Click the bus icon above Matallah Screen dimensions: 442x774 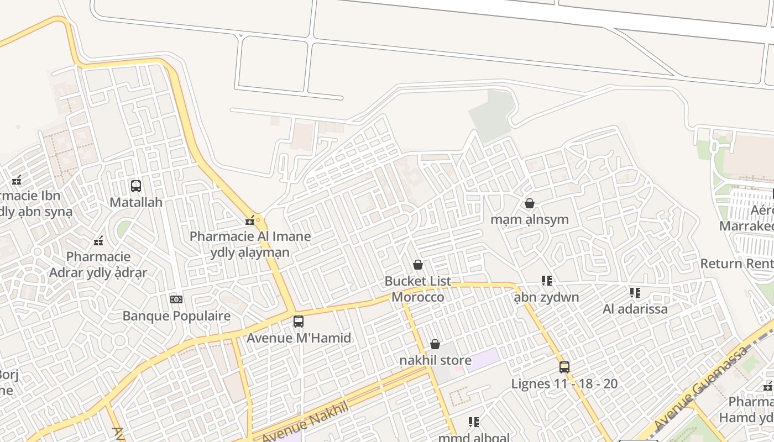pyautogui.click(x=135, y=186)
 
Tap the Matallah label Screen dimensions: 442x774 pyautogui.click(x=136, y=202)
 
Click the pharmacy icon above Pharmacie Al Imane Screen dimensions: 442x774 pyautogui.click(x=250, y=220)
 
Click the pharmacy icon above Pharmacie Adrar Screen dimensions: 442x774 pyautogui.click(x=99, y=241)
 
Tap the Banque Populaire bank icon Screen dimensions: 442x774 pyautogui.click(x=176, y=299)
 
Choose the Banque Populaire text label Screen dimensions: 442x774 pyautogui.click(x=176, y=316)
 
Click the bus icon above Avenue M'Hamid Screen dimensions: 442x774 pyautogui.click(x=299, y=321)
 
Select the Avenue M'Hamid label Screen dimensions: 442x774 pyautogui.click(x=299, y=338)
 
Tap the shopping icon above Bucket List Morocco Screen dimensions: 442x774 pyautogui.click(x=418, y=265)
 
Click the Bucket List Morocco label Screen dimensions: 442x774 pyautogui.click(x=418, y=289)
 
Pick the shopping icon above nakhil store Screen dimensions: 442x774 pyautogui.click(x=435, y=344)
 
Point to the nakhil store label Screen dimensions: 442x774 pyautogui.click(x=436, y=360)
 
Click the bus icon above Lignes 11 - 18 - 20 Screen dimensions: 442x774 pyautogui.click(x=564, y=367)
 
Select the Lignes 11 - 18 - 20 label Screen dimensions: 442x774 pyautogui.click(x=564, y=383)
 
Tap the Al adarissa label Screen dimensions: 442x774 pyautogui.click(x=635, y=309)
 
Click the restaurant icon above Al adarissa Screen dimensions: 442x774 pyautogui.click(x=635, y=292)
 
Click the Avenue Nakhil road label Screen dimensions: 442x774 pyautogui.click(x=305, y=423)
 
